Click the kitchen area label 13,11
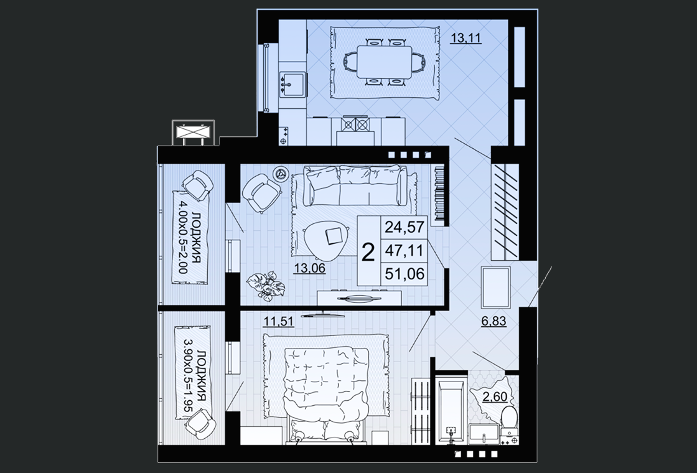pos(466,38)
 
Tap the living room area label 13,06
pos(309,268)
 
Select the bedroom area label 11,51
pos(279,321)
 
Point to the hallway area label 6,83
pos(494,321)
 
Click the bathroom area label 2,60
pos(495,396)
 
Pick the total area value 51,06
pos(405,273)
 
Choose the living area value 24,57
pos(405,227)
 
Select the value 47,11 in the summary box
pos(405,250)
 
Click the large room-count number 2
pos(368,253)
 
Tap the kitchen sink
pos(292,85)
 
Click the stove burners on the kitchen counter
pos(355,124)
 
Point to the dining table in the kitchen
pos(385,62)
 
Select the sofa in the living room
pos(355,184)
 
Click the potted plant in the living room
pos(266,284)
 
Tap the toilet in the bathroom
pos(509,419)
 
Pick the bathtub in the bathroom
pos(451,411)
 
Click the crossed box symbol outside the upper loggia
pos(193,133)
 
